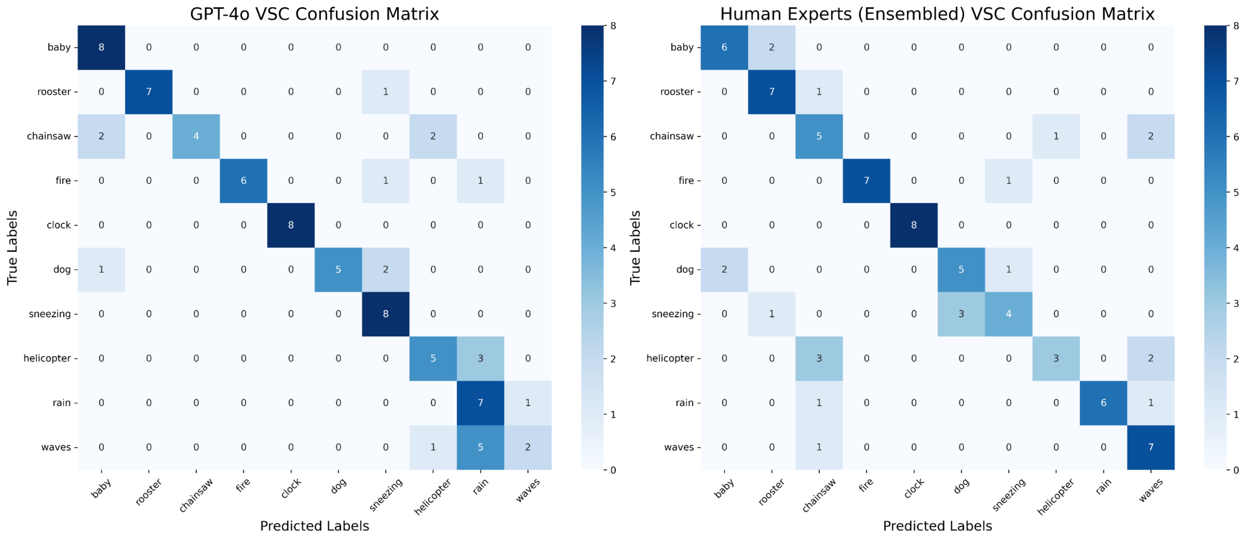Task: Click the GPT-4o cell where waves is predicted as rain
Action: point(480,447)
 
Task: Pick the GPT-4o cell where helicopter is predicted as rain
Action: point(480,358)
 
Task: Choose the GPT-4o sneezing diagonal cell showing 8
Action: point(385,313)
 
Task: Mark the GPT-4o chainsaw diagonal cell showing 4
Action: point(196,136)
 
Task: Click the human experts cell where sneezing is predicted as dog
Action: point(961,313)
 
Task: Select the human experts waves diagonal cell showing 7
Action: point(1151,447)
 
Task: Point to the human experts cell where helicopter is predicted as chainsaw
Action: point(819,358)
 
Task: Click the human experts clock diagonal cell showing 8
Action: point(914,225)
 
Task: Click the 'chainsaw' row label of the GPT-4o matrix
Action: point(49,136)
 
